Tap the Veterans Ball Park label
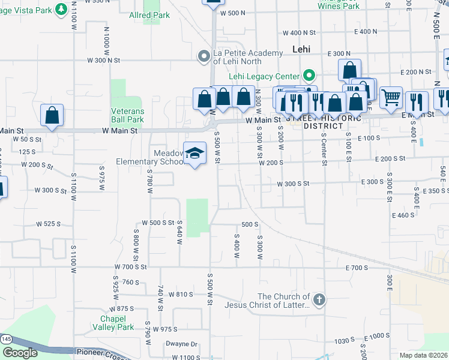127,115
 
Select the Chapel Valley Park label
117,323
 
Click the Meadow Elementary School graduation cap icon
195,154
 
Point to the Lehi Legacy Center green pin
309,76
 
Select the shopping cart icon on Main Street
391,97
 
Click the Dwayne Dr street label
182,344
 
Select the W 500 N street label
233,13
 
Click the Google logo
20,353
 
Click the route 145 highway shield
5,339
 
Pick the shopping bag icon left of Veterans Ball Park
52,115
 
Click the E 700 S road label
356,267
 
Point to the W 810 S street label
181,294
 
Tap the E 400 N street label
366,31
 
